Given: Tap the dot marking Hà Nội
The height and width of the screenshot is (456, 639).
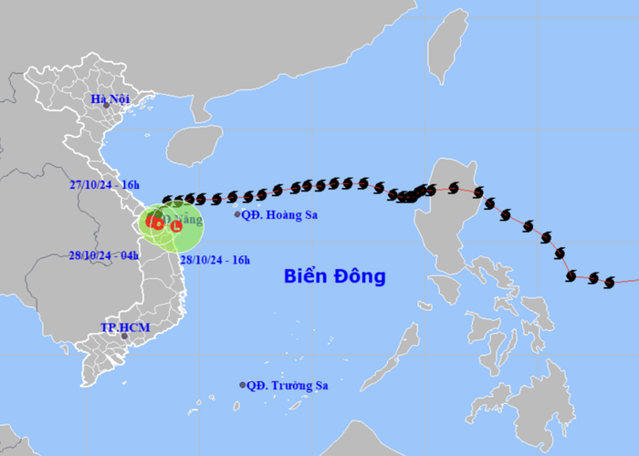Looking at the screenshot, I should pos(106,106).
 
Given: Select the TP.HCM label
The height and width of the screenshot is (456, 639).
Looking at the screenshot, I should pos(124,326).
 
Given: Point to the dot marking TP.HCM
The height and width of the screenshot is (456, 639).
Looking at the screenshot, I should pos(125,337).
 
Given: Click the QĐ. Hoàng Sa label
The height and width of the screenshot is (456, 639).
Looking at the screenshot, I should pos(280,214).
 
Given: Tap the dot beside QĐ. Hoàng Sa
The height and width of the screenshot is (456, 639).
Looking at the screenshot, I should pos(237,214).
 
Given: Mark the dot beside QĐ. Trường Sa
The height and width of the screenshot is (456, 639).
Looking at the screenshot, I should pos(243,385).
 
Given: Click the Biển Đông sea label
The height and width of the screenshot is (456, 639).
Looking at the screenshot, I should pos(334,276).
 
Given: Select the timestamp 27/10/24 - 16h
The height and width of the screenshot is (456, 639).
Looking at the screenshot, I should pos(105,184).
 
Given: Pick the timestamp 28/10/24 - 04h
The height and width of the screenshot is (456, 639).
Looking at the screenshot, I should pos(105,254).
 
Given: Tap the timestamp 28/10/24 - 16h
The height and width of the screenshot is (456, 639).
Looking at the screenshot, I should pos(215,260).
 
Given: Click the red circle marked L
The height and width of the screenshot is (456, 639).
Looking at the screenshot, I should pos(176,226).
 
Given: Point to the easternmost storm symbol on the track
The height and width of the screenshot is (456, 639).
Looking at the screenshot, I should pos(609,283).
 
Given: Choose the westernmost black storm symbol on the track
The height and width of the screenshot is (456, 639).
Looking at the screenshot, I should pos(167,200).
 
